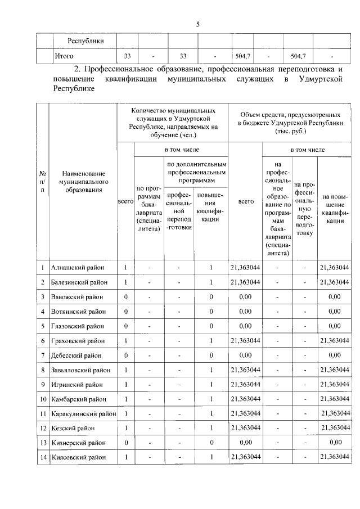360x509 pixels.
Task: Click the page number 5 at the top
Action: pos(197,24)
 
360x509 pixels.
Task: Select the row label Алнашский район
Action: pos(77,267)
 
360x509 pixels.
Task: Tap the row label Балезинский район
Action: pos(79,282)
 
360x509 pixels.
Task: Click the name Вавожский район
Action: pos(77,296)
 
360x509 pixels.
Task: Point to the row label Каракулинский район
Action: pos(83,413)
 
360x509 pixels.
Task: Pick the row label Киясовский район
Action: pos(78,457)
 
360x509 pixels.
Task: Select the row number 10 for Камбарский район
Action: pos(43,399)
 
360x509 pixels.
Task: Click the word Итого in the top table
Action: pos(64,56)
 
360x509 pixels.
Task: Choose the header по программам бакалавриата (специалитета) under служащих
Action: pos(148,208)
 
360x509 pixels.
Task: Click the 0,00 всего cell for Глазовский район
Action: pos(245,326)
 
